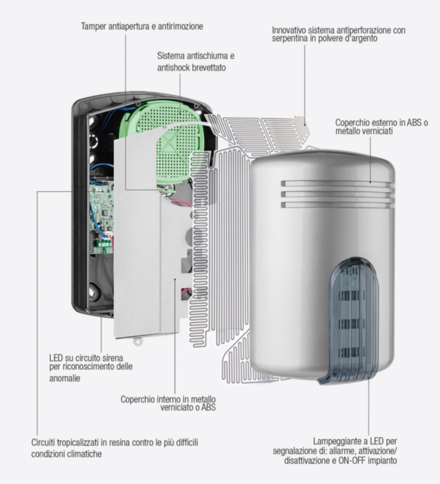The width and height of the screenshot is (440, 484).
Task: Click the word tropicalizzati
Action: (x=80, y=443)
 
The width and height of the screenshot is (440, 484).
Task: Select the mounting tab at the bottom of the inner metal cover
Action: (x=138, y=339)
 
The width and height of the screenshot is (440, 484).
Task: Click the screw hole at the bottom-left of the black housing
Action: (x=92, y=292)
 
